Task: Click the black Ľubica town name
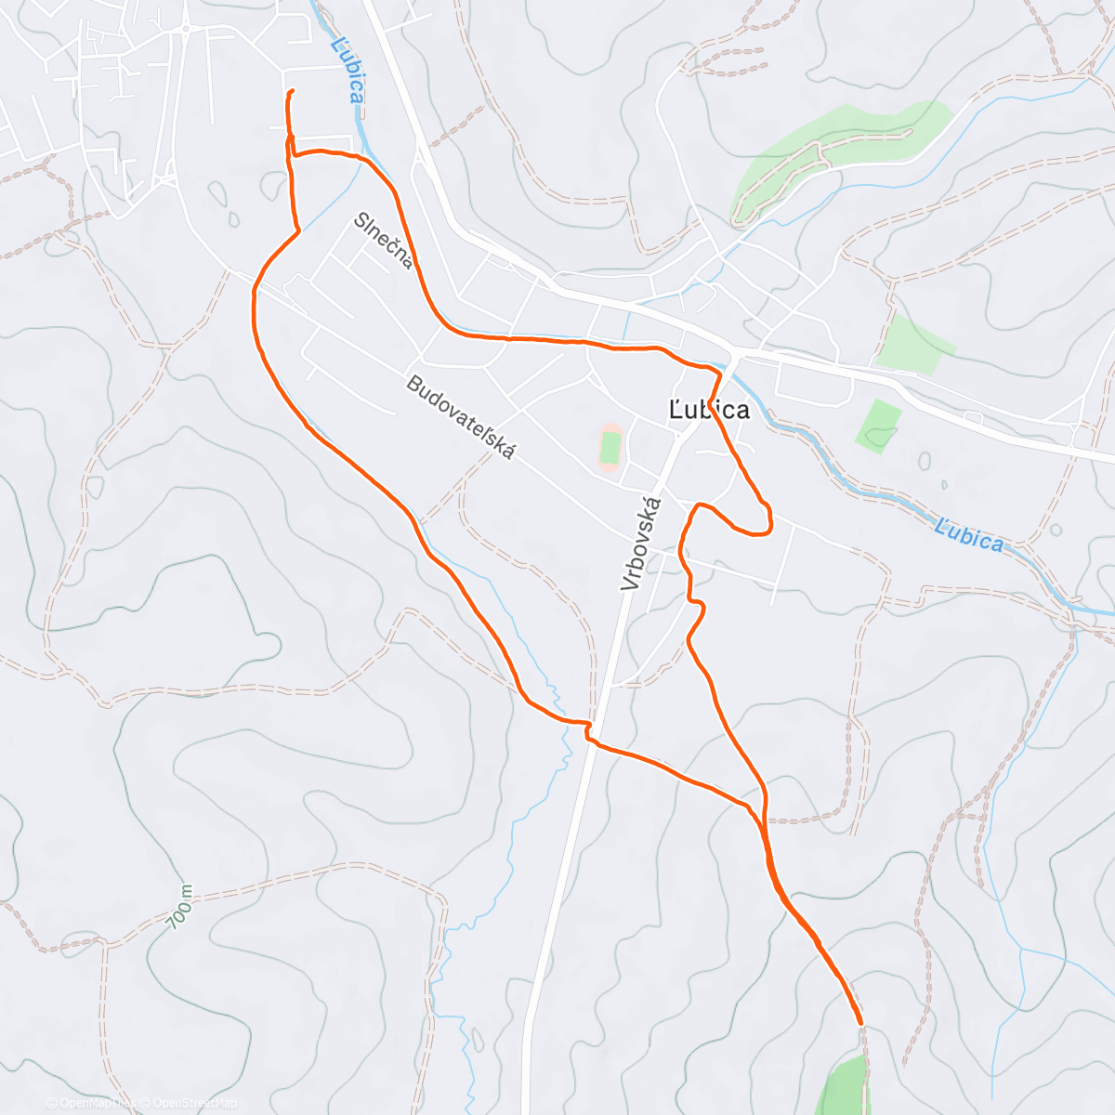pos(709,410)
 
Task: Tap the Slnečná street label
pos(383,241)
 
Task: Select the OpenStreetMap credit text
pos(195,1103)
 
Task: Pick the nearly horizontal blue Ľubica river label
pos(969,537)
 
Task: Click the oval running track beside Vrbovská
pos(610,447)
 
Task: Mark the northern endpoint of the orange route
pos(292,91)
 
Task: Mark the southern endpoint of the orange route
pos(860,1022)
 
